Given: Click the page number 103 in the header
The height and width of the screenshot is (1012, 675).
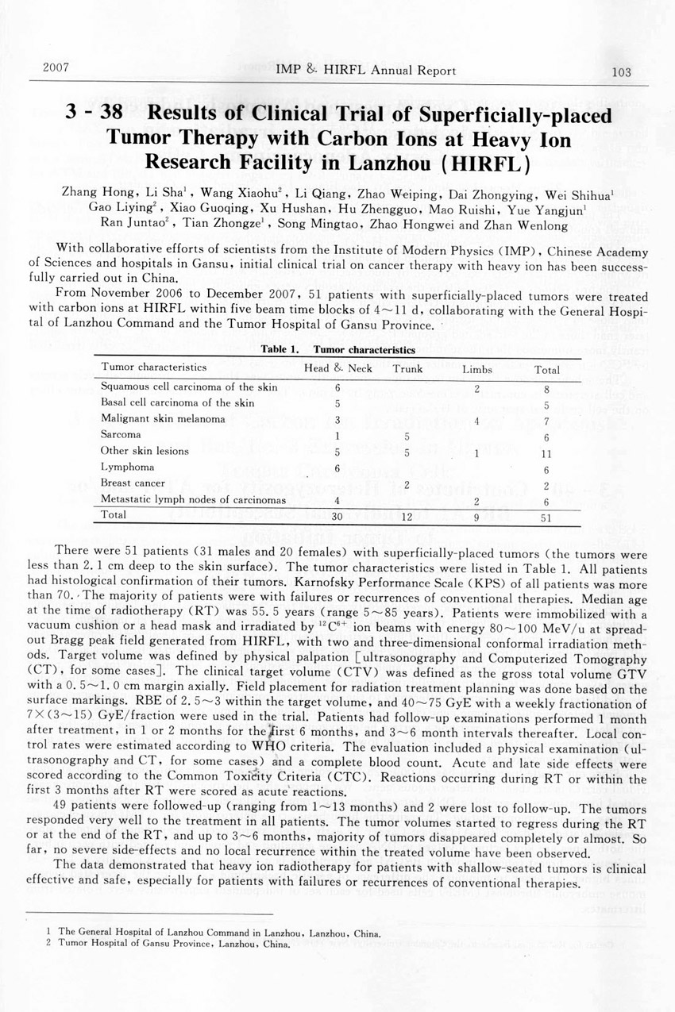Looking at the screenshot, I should [x=621, y=72].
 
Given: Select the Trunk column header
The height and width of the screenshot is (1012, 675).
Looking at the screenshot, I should [x=407, y=369].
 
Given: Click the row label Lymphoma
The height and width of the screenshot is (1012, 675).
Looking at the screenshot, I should [x=128, y=468].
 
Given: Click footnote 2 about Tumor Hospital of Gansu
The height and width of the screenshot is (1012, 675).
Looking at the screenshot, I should [x=170, y=945].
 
